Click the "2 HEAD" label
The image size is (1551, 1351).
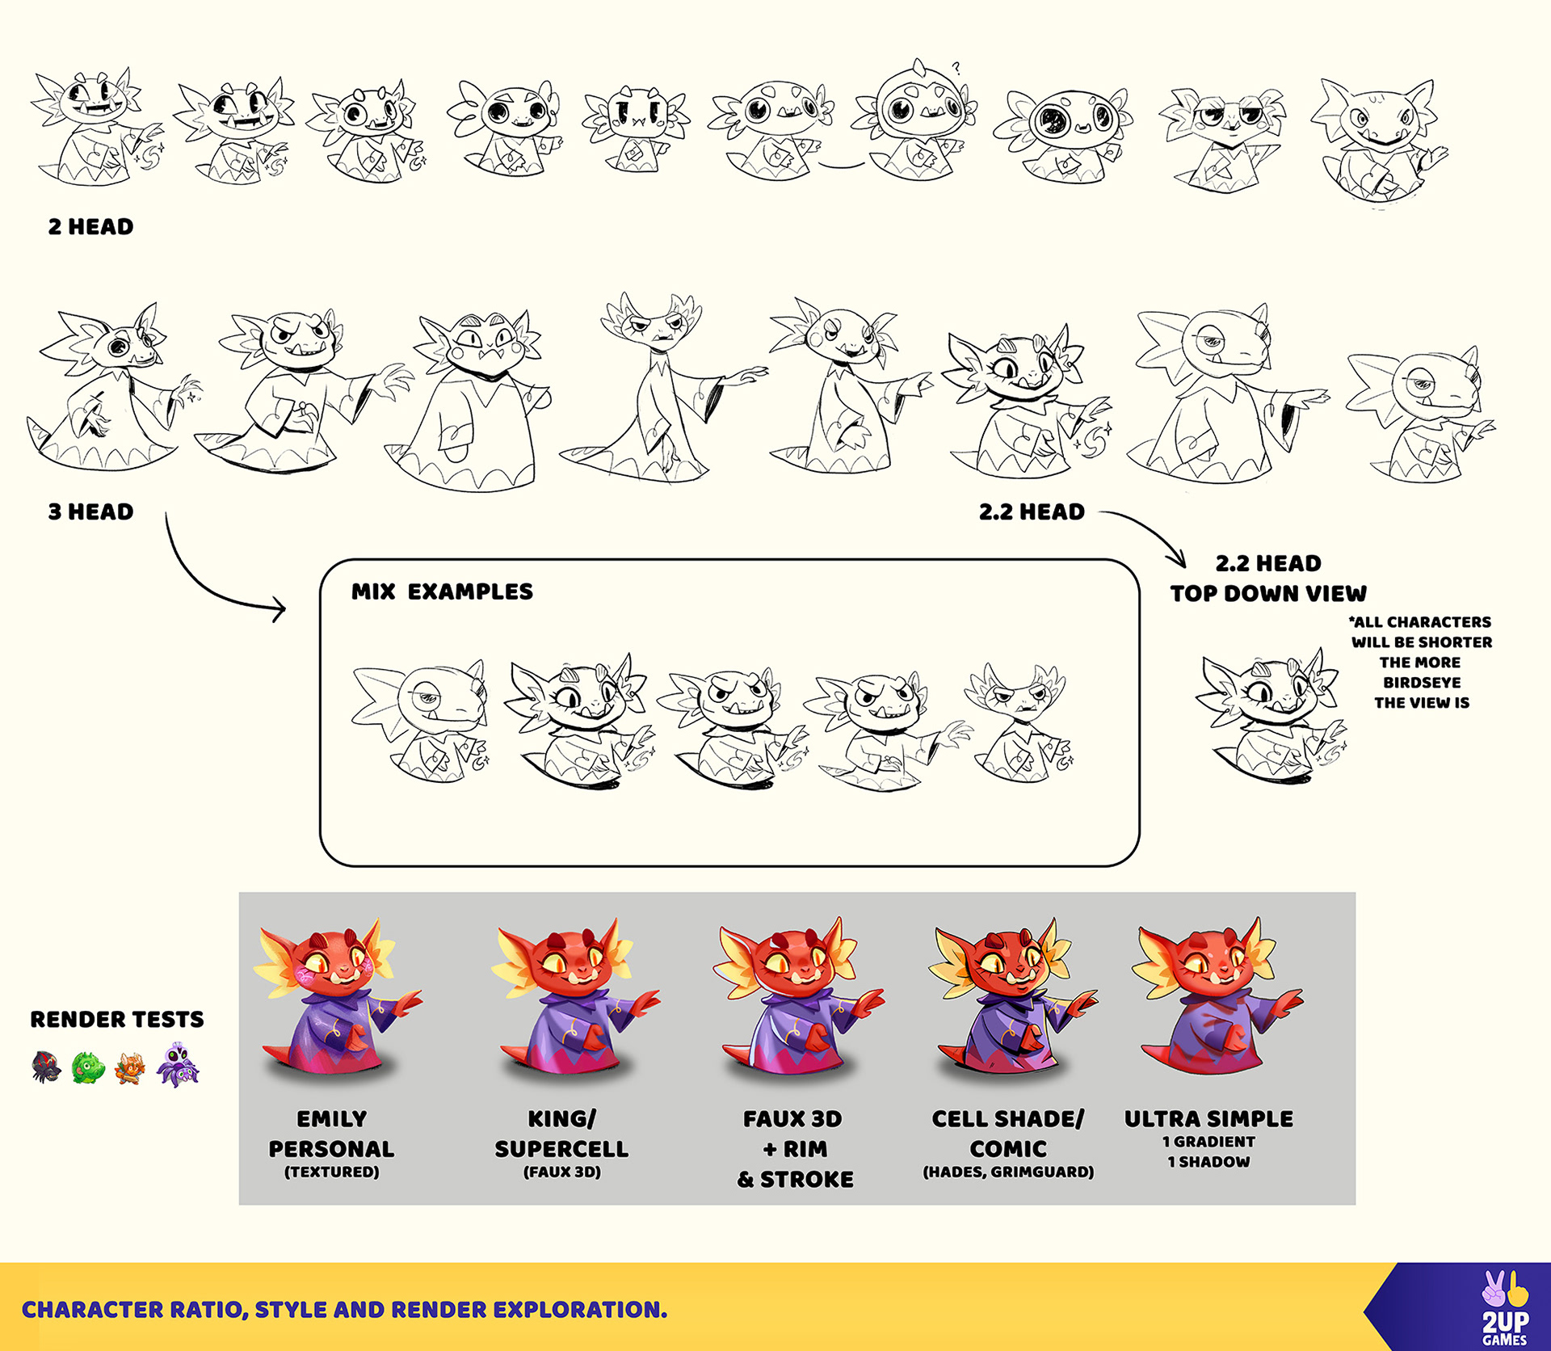point(90,227)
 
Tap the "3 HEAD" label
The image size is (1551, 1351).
point(90,512)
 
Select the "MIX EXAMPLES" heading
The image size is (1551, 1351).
point(442,592)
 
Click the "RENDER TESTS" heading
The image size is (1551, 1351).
point(117,1020)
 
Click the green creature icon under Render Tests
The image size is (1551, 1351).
point(88,1068)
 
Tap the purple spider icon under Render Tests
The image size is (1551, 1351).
point(178,1066)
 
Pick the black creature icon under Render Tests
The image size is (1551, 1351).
point(46,1067)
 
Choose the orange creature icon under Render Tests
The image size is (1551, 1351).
point(129,1068)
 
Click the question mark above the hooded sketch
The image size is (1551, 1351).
point(956,68)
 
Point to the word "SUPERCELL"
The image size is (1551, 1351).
point(561,1149)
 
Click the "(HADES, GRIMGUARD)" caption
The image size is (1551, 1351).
point(1008,1172)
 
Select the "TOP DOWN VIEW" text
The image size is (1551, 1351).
point(1268,594)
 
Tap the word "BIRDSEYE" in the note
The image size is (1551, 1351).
point(1422,683)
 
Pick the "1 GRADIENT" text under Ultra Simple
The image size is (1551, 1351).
point(1209,1142)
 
